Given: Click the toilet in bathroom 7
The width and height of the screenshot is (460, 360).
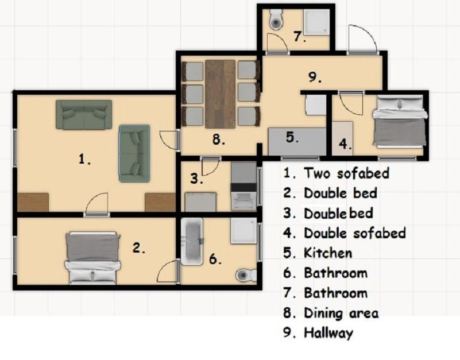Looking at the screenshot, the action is pos(276,19).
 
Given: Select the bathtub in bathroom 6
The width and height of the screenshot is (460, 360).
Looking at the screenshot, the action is pos(192,242).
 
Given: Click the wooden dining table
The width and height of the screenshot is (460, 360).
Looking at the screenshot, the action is pos(221,94).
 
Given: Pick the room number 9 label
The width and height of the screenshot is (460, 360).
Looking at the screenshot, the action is pos(315,77).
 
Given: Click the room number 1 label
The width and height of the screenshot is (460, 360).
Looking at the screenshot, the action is pos(84,159).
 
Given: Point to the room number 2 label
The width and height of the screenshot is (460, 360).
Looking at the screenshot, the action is pos(139,248).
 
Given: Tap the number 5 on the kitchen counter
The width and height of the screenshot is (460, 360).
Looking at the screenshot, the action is pos(292,137).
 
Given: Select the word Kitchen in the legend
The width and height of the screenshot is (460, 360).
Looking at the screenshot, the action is pos(328,253).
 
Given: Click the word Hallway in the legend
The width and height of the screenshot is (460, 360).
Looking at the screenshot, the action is pos(328,333).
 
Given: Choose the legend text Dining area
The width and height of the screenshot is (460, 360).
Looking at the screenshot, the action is pos(341,313).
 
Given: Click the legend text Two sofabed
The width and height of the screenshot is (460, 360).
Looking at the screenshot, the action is pos(346,173).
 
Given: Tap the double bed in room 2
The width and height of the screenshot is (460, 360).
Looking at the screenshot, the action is pos(92,258).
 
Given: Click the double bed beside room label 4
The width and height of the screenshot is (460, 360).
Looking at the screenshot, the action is pos(400,121).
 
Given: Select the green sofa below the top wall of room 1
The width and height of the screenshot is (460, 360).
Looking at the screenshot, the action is pos(84,115).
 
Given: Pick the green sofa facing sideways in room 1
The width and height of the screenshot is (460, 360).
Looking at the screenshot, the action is pos(134,153).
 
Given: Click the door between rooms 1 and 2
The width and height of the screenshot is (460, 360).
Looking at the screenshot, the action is pos(96,205).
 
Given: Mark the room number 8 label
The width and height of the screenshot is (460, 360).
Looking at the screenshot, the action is pos(219,140).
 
